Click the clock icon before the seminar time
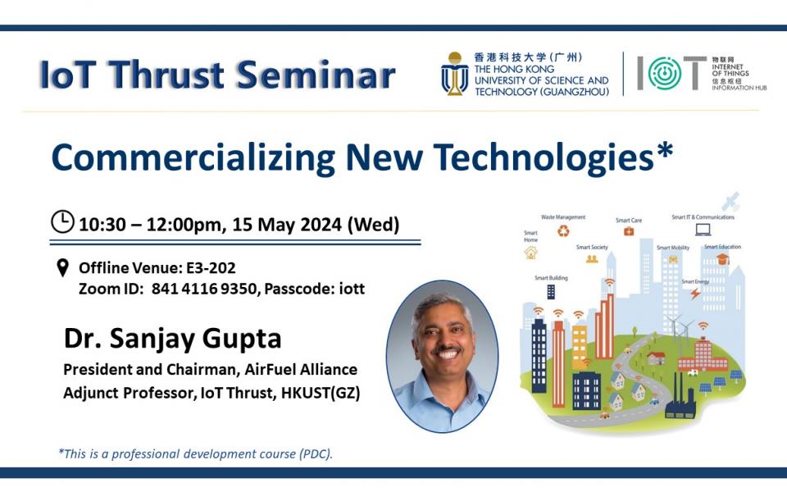point(62,222)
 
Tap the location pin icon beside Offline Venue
point(62,268)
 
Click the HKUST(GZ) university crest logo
point(455,75)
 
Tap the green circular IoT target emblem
point(665,74)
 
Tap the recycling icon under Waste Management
point(563,231)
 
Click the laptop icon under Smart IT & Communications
point(703,230)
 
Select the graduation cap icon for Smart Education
point(722,259)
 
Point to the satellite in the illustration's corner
point(730,201)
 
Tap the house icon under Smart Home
point(531,253)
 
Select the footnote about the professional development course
point(196,453)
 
